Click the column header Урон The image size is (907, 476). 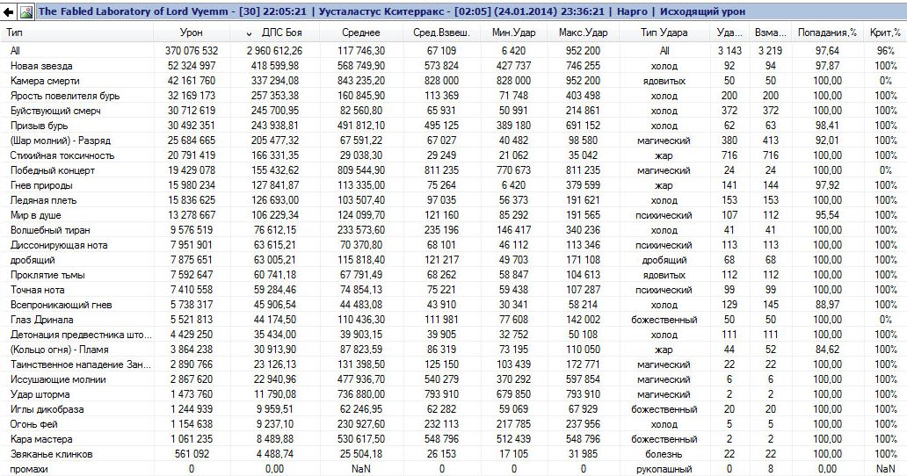[191, 32]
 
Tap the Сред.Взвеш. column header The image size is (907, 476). [441, 32]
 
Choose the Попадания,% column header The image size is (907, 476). [820, 32]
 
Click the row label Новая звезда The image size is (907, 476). [41, 66]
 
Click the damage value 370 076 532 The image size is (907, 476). [191, 51]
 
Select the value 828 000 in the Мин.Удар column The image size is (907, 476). [513, 81]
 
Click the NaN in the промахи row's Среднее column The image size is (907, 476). [362, 469]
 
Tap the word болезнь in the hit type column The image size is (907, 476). [664, 454]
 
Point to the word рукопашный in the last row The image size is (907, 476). [664, 469]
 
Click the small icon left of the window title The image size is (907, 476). [25, 11]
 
